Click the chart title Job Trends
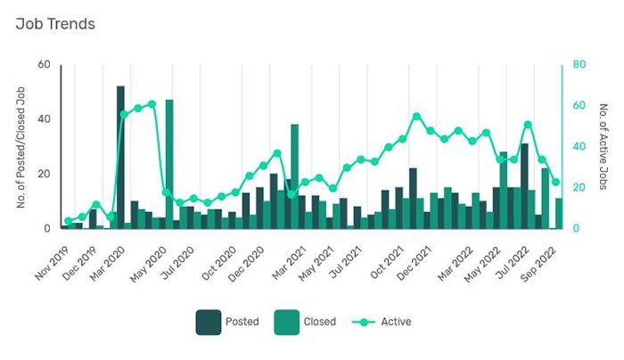click(x=55, y=24)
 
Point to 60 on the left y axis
click(x=43, y=64)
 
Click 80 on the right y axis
click(x=579, y=64)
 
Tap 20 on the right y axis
click(x=579, y=188)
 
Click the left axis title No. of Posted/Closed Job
click(x=21, y=146)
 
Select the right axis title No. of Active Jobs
click(x=603, y=146)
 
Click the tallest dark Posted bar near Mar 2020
click(x=120, y=157)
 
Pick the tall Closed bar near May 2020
click(x=169, y=164)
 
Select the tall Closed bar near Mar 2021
click(x=294, y=176)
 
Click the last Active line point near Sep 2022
click(x=555, y=182)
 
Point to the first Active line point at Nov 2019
click(x=68, y=221)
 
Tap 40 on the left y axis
click(x=43, y=119)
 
